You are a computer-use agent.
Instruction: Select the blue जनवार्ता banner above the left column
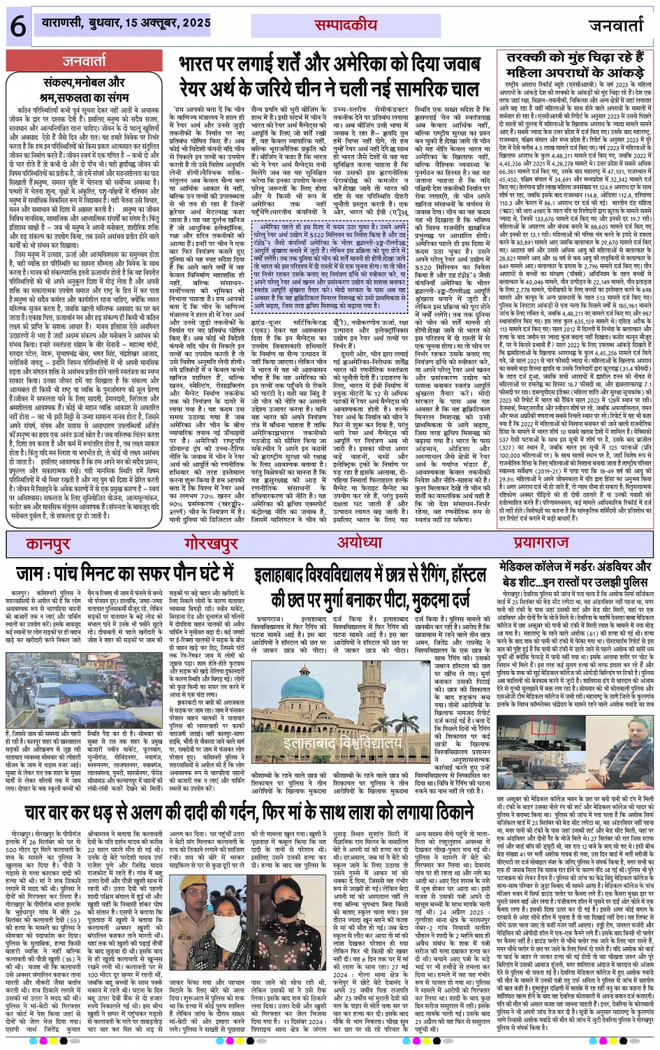[x=85, y=61]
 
